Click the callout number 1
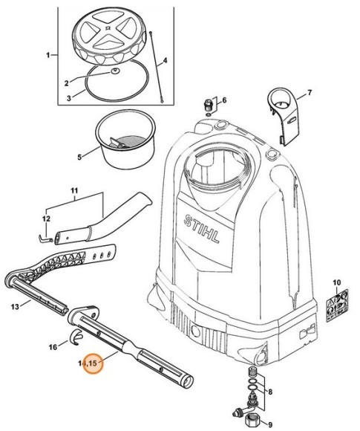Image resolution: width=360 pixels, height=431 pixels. (49, 55)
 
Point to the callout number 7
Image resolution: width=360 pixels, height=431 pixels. (310, 93)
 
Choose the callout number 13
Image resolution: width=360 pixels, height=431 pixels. (15, 305)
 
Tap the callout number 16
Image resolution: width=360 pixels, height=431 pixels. (52, 346)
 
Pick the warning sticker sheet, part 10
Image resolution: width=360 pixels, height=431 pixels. (333, 307)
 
